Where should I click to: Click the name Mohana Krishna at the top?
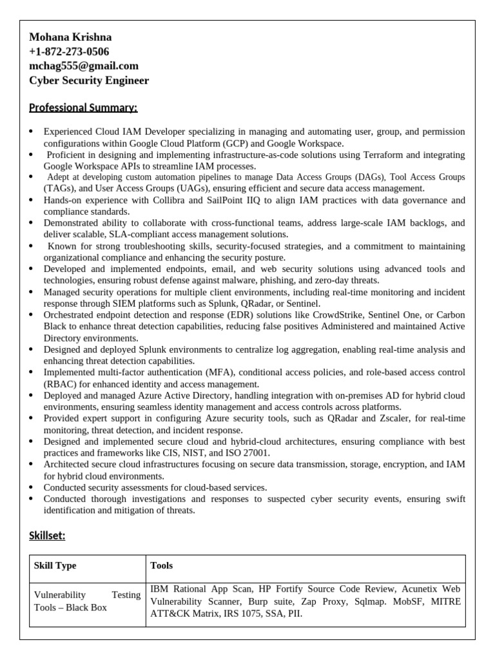tap(70, 38)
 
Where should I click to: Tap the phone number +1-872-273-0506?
tap(69, 52)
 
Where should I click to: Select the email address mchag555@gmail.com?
tap(84, 66)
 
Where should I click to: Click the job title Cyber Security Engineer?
tap(89, 81)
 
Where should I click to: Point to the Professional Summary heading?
tap(83, 108)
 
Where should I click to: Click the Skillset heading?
tap(47, 536)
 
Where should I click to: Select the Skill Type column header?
tap(55, 566)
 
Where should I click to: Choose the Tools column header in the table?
tap(161, 566)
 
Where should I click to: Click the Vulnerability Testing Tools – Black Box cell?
tap(87, 601)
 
